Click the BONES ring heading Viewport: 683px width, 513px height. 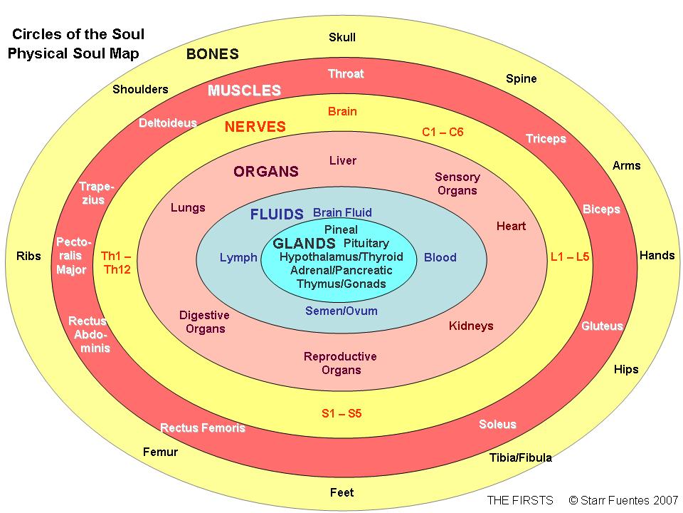click(213, 53)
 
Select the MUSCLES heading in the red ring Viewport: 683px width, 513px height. click(244, 90)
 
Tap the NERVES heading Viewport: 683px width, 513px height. click(255, 127)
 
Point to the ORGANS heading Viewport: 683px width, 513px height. click(266, 172)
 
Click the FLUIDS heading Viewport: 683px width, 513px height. click(277, 214)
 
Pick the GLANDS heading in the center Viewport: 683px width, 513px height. click(304, 243)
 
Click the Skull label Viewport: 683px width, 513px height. click(342, 37)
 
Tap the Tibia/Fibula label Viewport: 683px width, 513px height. click(521, 457)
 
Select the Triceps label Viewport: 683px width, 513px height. click(546, 139)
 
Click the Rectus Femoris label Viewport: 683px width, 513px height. click(203, 427)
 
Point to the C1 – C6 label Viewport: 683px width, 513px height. click(443, 132)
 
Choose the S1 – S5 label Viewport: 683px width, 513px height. click(341, 413)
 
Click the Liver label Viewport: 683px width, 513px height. click(343, 160)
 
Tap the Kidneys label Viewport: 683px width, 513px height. click(471, 326)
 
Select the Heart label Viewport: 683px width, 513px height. click(511, 226)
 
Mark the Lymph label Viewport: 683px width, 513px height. click(238, 257)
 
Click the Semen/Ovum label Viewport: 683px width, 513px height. click(341, 311)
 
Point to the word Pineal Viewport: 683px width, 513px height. click(341, 229)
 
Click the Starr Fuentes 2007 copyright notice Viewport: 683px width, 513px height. click(624, 500)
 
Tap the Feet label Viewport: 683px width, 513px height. click(342, 492)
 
